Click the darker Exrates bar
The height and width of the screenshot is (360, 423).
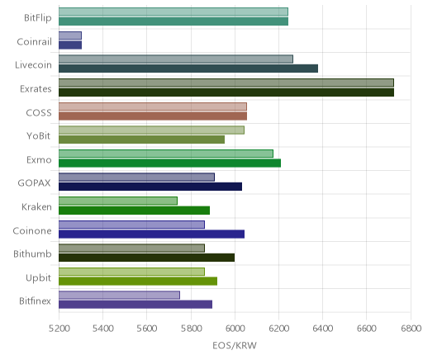click(226, 92)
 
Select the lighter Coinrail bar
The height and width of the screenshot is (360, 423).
click(70, 36)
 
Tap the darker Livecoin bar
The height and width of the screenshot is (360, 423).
click(188, 69)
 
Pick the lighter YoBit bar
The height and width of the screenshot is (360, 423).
click(151, 130)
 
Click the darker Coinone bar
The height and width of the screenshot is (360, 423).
click(151, 234)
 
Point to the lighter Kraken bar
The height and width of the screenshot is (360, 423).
click(118, 201)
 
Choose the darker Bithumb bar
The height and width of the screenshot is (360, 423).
click(147, 258)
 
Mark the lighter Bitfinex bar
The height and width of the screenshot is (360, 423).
click(119, 295)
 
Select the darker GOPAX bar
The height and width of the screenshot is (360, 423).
click(150, 187)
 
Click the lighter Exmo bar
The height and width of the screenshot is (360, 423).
click(166, 154)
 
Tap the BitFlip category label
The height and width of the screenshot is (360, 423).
click(38, 18)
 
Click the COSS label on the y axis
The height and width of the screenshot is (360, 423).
click(39, 113)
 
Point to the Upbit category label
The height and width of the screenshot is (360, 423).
click(38, 278)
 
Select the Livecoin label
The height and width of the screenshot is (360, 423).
click(33, 65)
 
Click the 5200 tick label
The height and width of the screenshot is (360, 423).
click(59, 329)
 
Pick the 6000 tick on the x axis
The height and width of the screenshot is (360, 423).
click(235, 329)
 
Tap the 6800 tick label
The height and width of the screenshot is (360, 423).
click(411, 329)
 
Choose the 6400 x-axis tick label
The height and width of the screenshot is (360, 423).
click(323, 329)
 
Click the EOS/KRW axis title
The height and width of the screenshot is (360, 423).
click(235, 345)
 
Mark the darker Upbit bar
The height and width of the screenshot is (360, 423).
click(138, 282)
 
